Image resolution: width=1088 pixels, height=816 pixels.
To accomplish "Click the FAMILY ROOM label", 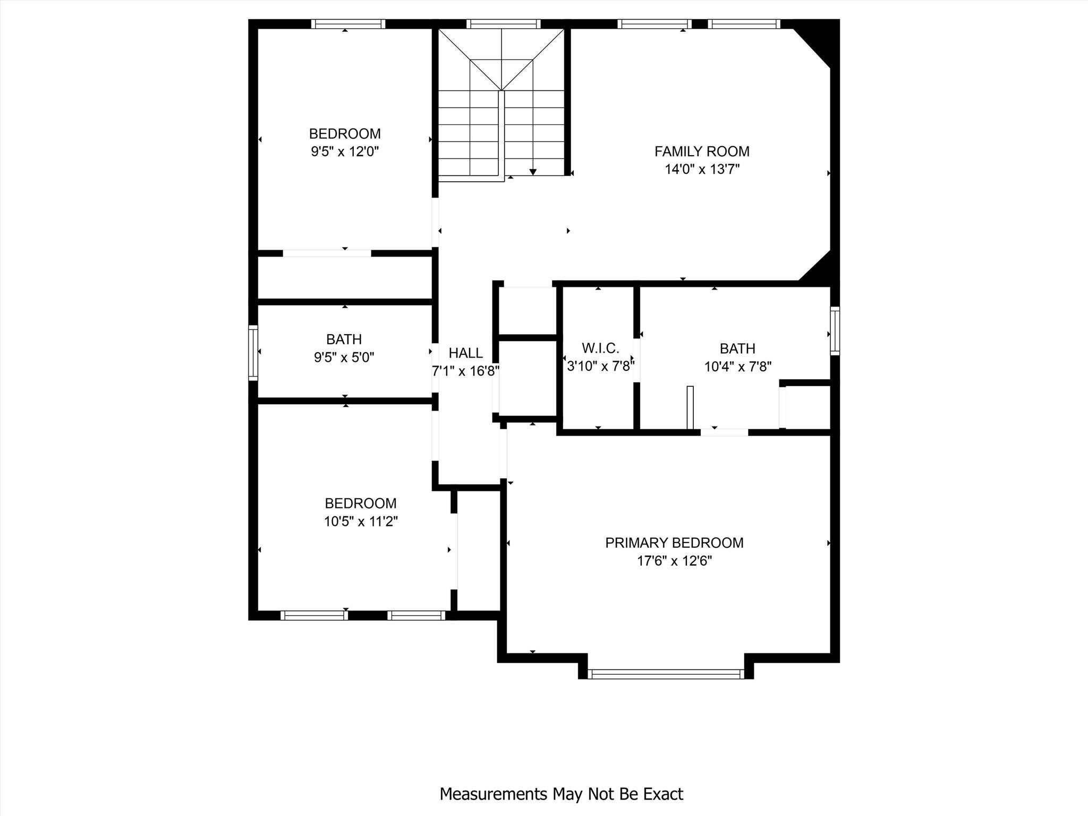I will click(x=701, y=151).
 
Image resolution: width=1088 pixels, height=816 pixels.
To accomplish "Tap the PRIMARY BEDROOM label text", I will click(x=674, y=542).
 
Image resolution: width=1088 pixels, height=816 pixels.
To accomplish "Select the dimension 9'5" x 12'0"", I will click(x=345, y=152).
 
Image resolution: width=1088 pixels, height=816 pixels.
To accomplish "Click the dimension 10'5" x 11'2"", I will click(x=361, y=521).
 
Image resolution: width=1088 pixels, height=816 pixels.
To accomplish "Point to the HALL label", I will click(x=465, y=353).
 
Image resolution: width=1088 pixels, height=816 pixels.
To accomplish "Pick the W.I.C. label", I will click(x=600, y=348).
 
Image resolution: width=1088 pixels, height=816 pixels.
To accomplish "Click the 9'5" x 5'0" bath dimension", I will click(x=344, y=357).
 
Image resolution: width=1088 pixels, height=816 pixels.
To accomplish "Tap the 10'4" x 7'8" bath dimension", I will click(x=737, y=367).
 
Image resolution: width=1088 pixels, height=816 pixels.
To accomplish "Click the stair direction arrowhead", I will click(x=533, y=172).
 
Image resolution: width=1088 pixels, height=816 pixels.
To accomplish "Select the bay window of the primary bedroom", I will click(x=665, y=674).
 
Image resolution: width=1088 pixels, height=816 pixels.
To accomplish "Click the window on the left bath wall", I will click(x=253, y=352).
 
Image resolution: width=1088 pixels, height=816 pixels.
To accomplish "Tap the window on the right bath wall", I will click(x=835, y=330).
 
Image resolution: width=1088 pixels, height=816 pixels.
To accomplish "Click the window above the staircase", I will click(x=503, y=24).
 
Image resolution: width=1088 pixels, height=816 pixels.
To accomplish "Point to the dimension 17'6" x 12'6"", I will click(x=674, y=561).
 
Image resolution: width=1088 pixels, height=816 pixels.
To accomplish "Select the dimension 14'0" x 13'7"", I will click(x=702, y=169).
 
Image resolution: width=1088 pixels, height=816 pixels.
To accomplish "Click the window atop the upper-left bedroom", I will click(x=348, y=24).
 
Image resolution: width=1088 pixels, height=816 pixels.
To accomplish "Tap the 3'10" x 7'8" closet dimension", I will click(x=600, y=366).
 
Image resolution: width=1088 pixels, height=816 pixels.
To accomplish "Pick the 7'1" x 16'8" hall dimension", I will click(x=465, y=371).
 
